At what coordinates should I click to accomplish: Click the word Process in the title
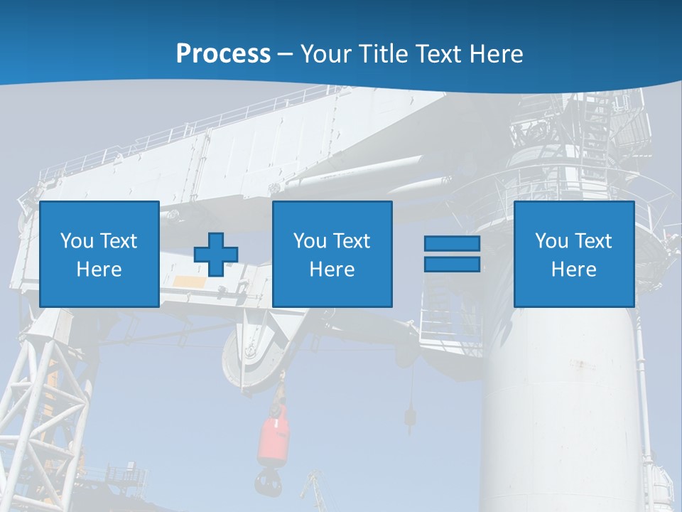(223, 54)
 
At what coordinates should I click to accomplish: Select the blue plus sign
(216, 254)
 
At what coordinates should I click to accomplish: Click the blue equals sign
(452, 254)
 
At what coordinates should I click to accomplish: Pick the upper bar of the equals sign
(452, 244)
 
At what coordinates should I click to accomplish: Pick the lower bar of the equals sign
(452, 264)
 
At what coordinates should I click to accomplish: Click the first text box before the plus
(99, 254)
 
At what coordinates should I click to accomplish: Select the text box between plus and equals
(332, 254)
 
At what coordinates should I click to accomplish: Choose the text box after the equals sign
(573, 254)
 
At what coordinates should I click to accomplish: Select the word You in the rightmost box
(551, 241)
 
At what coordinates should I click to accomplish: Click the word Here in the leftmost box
(99, 270)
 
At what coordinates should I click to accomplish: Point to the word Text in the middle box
(352, 241)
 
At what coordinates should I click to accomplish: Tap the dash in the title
(286, 54)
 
